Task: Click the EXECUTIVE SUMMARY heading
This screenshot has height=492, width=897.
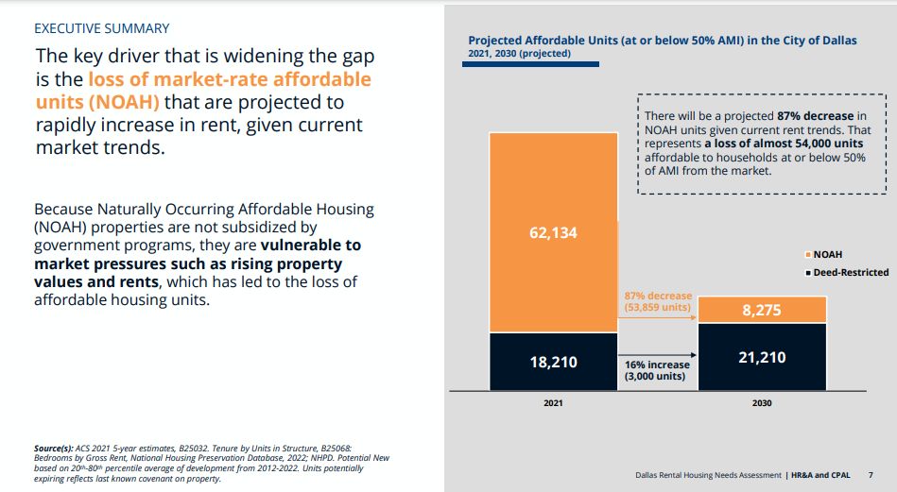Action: pyautogui.click(x=102, y=28)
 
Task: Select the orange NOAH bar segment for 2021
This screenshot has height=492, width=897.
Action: pyautogui.click(x=553, y=232)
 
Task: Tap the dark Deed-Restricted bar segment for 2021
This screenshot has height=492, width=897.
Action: pyautogui.click(x=553, y=362)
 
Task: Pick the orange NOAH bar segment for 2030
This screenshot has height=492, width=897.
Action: pyautogui.click(x=762, y=310)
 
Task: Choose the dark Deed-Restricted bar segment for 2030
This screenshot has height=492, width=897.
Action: pyautogui.click(x=762, y=357)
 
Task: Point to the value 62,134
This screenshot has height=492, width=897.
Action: pyautogui.click(x=553, y=232)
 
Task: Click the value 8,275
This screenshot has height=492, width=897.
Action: pyautogui.click(x=762, y=311)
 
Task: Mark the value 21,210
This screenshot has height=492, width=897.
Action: pyautogui.click(x=762, y=357)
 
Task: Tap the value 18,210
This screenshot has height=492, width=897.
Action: pyautogui.click(x=553, y=362)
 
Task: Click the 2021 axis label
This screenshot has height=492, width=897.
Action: pyautogui.click(x=553, y=403)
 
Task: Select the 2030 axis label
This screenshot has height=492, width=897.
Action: pyautogui.click(x=762, y=403)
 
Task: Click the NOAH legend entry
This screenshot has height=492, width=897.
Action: pyautogui.click(x=824, y=254)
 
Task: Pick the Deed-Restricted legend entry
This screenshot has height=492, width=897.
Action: pyautogui.click(x=847, y=273)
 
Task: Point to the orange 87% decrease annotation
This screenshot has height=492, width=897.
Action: pyautogui.click(x=658, y=301)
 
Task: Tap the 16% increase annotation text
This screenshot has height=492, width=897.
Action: pyautogui.click(x=657, y=370)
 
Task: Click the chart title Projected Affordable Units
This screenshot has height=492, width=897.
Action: pyautogui.click(x=663, y=41)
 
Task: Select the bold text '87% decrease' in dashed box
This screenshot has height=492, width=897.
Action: pyautogui.click(x=815, y=116)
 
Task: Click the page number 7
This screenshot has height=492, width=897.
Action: pyautogui.click(x=871, y=475)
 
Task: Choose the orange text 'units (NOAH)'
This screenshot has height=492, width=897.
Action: pyautogui.click(x=97, y=102)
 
